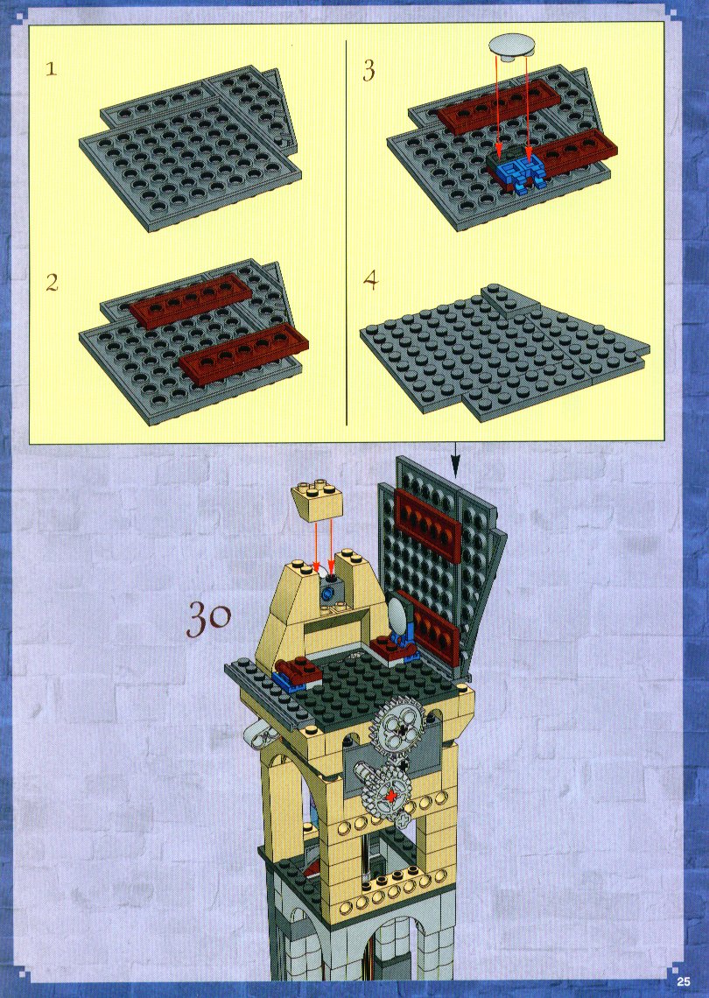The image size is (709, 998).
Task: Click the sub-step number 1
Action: click(x=51, y=68)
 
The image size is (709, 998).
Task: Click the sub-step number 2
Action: click(x=53, y=282)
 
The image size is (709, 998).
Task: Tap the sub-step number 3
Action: click(x=369, y=70)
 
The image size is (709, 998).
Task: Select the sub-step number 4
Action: click(x=370, y=281)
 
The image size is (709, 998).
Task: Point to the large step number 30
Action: click(x=208, y=619)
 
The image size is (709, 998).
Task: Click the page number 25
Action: click(x=684, y=980)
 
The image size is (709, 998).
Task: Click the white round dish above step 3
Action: click(x=512, y=47)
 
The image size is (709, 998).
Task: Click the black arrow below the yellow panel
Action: click(x=455, y=460)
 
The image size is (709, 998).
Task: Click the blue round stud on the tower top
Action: click(x=327, y=594)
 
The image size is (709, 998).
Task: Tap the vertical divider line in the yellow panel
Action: click(x=346, y=233)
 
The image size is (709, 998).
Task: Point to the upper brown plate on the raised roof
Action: click(x=428, y=524)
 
